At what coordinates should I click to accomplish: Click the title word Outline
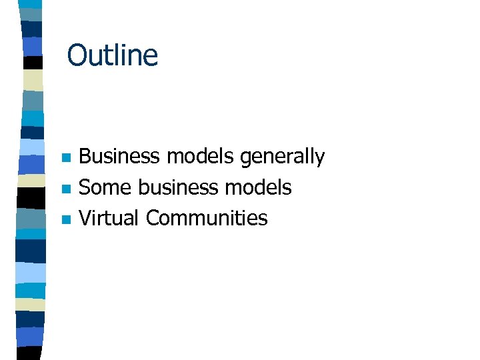pos(113,55)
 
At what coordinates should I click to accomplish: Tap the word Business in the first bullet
pos(120,157)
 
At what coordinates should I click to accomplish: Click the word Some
pos(105,188)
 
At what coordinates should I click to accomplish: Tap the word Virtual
pos(109,218)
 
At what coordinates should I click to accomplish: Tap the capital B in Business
pos(85,157)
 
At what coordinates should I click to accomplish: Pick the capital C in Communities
pos(153,218)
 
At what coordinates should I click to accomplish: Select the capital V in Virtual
pos(85,218)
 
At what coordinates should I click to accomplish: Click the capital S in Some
pos(85,188)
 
